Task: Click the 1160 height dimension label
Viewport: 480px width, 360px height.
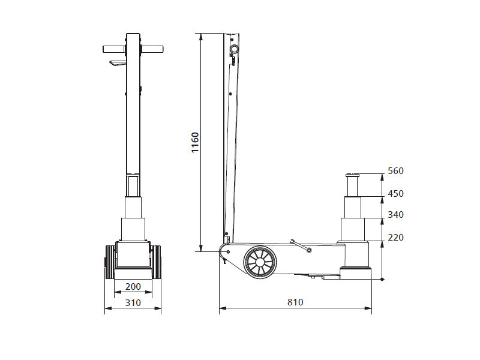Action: tap(195, 142)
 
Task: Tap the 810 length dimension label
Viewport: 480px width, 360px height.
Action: tap(295, 302)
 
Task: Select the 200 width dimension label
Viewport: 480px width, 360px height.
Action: tap(133, 287)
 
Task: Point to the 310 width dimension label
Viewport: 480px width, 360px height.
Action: tap(133, 303)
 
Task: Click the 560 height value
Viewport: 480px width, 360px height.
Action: tap(395, 171)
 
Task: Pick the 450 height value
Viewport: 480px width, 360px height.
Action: tap(395, 194)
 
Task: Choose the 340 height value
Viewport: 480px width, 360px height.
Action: tap(395, 215)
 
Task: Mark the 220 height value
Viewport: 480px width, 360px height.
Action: tap(395, 238)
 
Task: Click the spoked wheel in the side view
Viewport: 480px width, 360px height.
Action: tap(260, 262)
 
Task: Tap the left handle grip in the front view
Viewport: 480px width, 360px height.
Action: tap(114, 49)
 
